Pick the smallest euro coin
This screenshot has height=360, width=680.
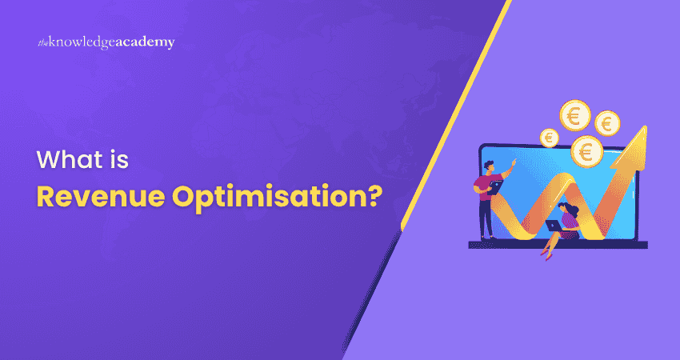click(549, 138)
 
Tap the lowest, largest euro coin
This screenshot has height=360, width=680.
click(587, 150)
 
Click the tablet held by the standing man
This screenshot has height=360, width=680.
click(495, 188)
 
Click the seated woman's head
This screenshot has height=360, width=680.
click(566, 210)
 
